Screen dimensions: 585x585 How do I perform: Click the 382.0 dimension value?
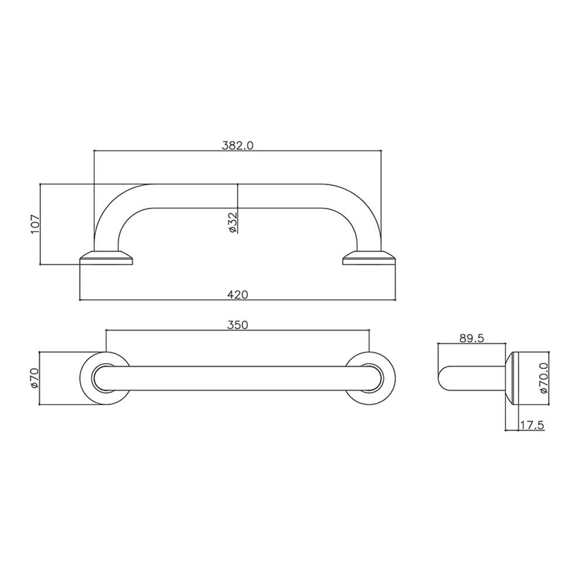(x=238, y=145)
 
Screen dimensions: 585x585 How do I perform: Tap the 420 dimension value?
(x=238, y=295)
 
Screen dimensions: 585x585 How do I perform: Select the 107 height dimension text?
(x=35, y=224)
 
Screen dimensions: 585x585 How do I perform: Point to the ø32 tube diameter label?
(x=232, y=223)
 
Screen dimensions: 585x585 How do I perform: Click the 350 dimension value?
(x=238, y=325)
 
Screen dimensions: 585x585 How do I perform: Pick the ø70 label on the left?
(x=35, y=378)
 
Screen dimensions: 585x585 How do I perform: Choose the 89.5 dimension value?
(x=472, y=338)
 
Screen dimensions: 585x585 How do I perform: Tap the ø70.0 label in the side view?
(x=543, y=378)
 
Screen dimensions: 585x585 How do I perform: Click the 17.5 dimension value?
(x=532, y=425)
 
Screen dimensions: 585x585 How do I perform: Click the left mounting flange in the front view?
(x=106, y=258)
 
